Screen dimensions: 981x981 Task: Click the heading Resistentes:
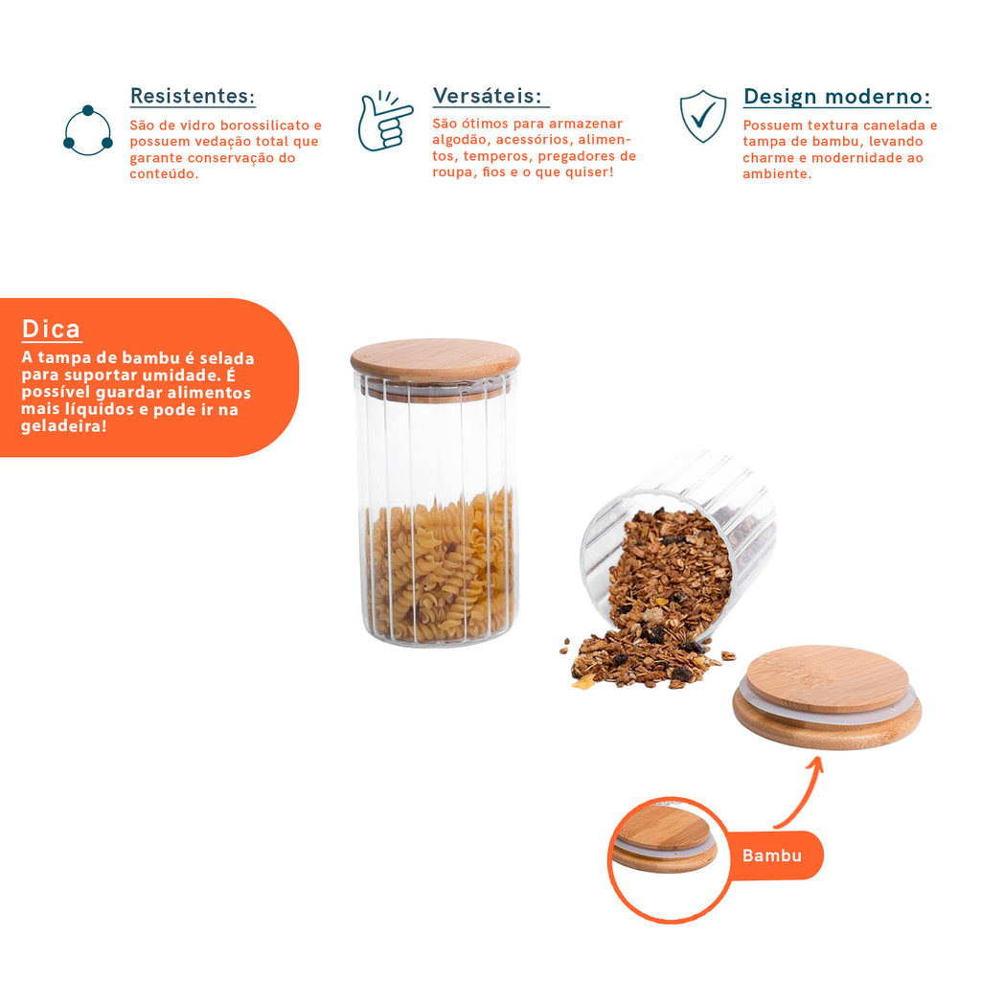[x=193, y=96]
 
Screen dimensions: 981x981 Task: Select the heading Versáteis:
[x=488, y=96]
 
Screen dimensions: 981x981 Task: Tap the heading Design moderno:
[x=836, y=97]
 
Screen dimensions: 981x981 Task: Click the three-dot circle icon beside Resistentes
[x=88, y=130]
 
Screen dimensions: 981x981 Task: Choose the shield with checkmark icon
[x=703, y=116]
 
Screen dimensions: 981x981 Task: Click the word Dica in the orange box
[x=52, y=329]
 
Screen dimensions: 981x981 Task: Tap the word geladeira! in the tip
[x=64, y=426]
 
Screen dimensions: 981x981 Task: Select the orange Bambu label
[x=772, y=856]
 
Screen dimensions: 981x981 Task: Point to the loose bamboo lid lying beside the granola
[x=827, y=697]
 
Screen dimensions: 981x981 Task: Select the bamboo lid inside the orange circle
[x=665, y=839]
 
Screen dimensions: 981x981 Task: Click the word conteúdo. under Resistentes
[x=164, y=174]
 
